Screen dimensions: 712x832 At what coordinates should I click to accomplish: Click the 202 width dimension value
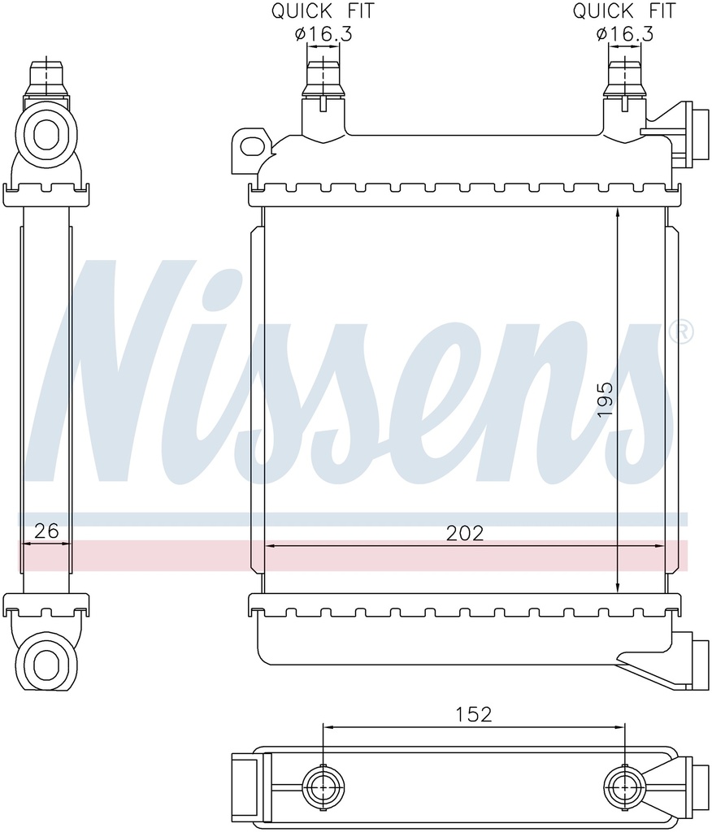tap(465, 533)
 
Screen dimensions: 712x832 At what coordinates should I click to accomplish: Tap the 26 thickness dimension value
tap(46, 531)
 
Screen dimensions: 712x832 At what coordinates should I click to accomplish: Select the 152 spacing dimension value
tap(474, 714)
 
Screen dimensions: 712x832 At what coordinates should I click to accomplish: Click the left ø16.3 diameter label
tap(323, 34)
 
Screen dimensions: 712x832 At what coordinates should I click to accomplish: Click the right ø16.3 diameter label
tap(624, 34)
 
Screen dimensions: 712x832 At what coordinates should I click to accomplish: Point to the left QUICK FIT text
tap(323, 11)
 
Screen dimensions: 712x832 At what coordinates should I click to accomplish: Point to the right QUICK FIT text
tap(624, 11)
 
